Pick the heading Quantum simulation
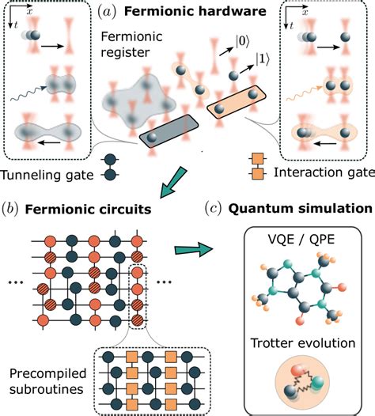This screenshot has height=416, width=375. point(300,210)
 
